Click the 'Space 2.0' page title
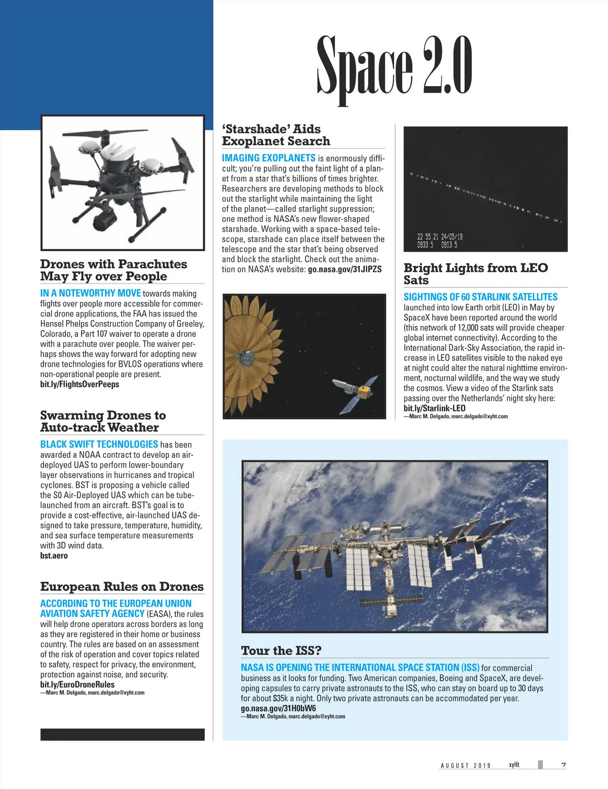(394, 68)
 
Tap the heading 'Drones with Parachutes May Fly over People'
(113, 270)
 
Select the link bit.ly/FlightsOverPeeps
(80, 384)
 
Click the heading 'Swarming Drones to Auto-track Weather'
(103, 421)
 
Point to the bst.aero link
(54, 556)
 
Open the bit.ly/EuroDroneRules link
(78, 684)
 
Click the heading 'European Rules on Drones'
(122, 586)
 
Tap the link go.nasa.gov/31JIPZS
(345, 269)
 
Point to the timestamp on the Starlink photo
(439, 241)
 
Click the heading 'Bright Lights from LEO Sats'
(475, 274)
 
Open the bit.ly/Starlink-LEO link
(434, 408)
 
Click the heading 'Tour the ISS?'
(281, 650)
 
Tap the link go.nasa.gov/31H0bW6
(278, 708)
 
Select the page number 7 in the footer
(563, 765)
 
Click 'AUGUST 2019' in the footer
(466, 765)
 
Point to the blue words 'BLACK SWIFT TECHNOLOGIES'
(99, 444)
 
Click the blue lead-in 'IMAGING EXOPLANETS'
(269, 158)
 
